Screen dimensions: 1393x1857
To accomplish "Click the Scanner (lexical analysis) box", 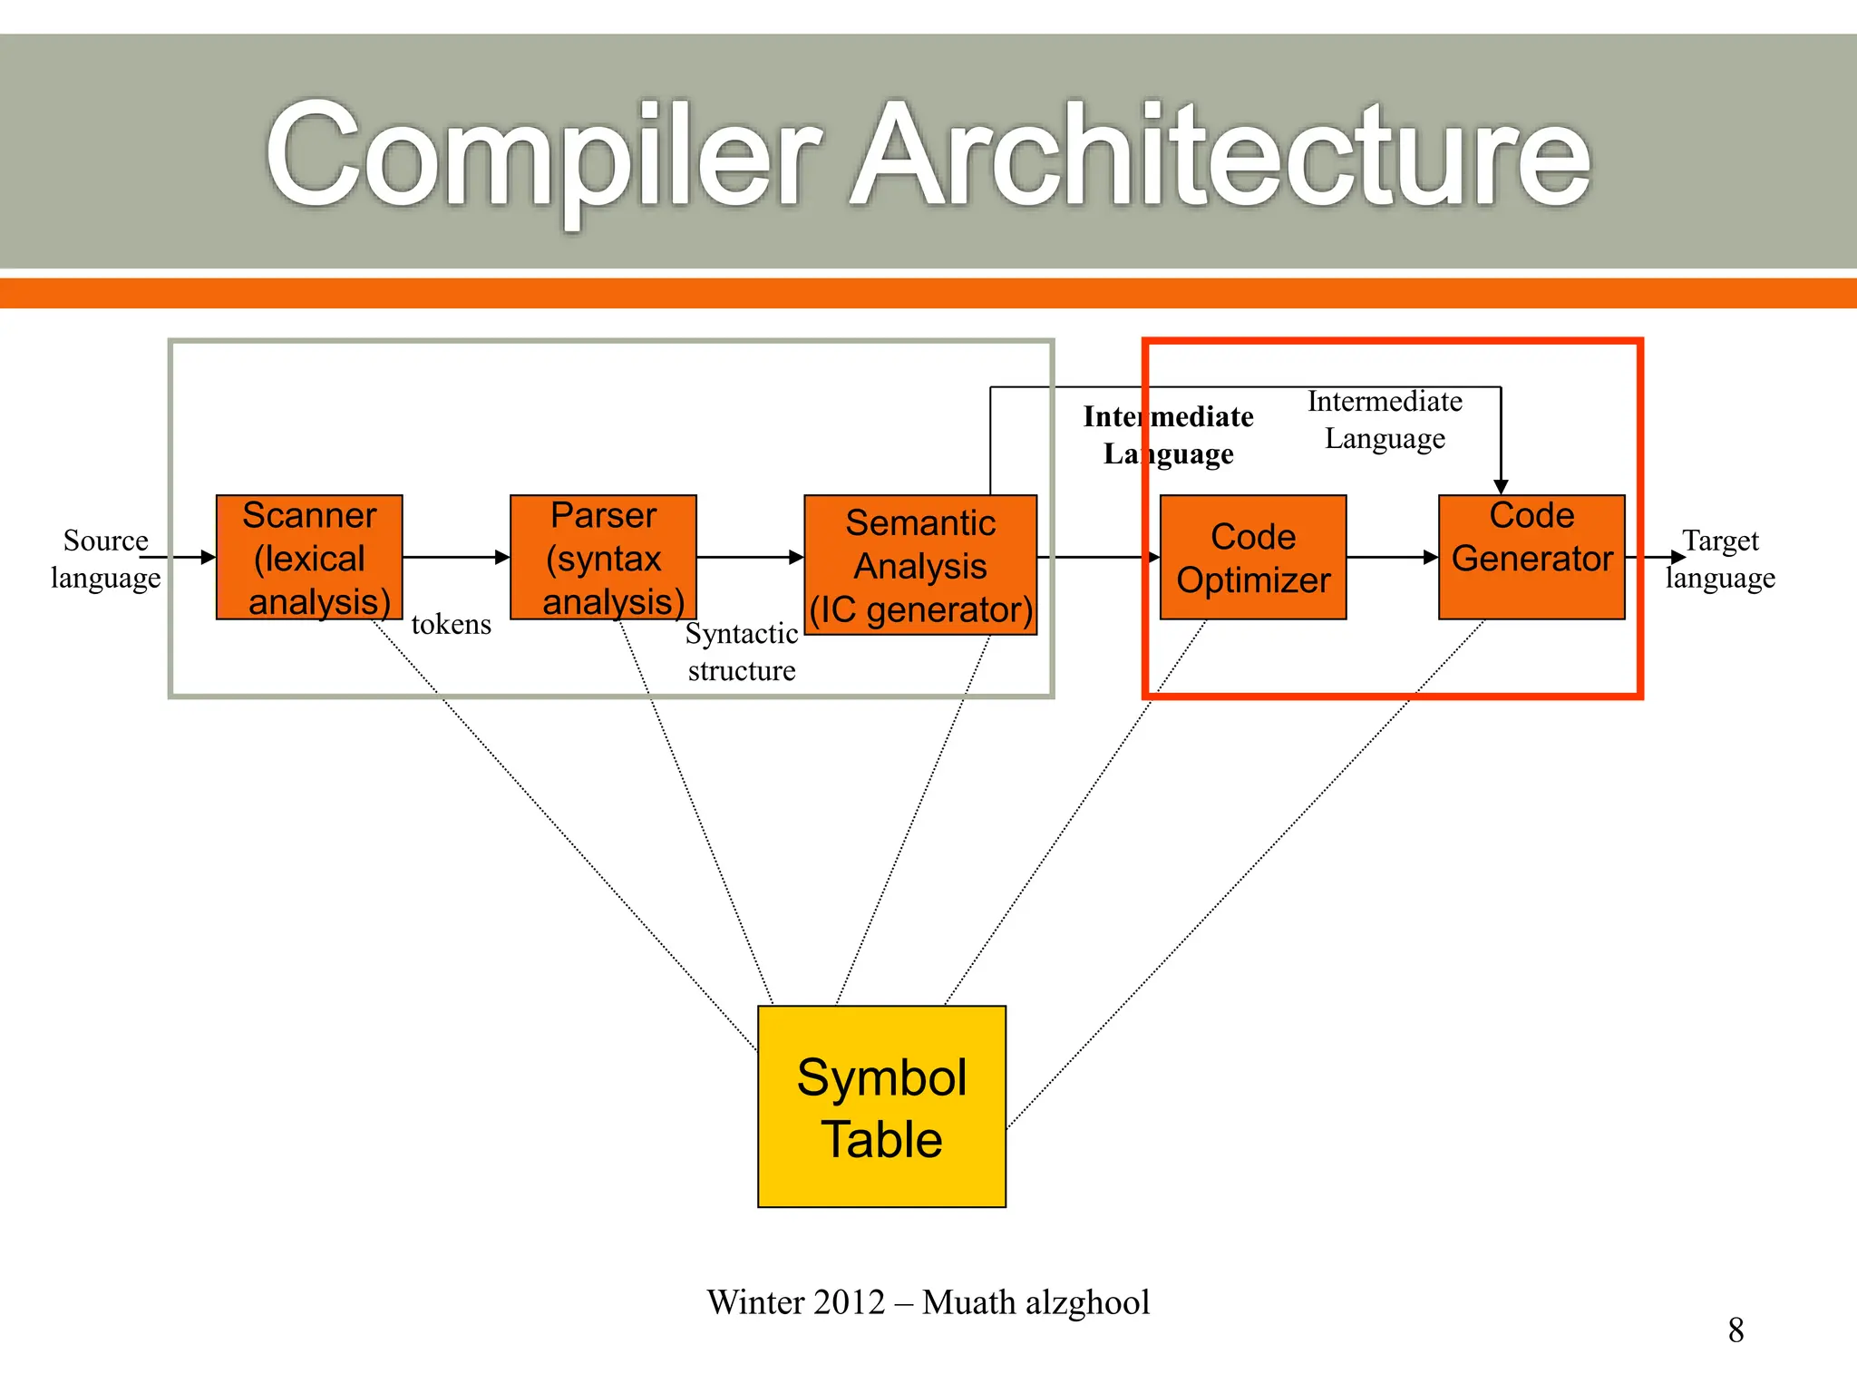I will click(x=309, y=557).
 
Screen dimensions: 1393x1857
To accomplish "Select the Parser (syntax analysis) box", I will click(x=603, y=557).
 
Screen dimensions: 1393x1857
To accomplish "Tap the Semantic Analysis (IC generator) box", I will click(x=920, y=565).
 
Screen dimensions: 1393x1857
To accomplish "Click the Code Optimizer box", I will click(x=1253, y=557).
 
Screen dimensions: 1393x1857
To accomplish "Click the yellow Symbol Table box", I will click(x=881, y=1106).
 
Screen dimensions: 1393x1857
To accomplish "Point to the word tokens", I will click(x=451, y=624).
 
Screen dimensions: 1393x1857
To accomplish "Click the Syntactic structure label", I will click(x=741, y=651).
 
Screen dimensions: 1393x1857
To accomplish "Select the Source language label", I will click(x=105, y=559).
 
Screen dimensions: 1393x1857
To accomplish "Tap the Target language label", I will click(x=1720, y=559).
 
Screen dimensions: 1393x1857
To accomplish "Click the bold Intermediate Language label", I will click(x=1168, y=434).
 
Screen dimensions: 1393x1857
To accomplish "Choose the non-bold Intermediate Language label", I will click(x=1385, y=419).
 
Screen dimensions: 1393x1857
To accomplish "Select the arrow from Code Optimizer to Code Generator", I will click(x=1392, y=557).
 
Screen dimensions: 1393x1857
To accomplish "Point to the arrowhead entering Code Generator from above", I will click(x=1501, y=487).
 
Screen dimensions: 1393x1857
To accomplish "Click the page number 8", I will click(x=1735, y=1330).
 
